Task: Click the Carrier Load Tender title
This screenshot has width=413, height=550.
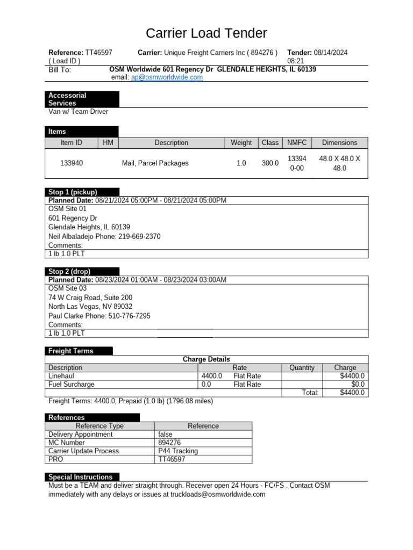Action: coord(206,33)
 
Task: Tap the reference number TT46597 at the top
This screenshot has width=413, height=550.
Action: coord(99,53)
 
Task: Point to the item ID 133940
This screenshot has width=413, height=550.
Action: coord(72,163)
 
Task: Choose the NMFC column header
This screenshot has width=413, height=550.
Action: coord(297,143)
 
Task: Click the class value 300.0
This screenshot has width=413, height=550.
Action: coord(270,163)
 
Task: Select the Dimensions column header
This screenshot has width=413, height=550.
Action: coord(339,143)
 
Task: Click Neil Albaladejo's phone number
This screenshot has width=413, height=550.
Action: coord(139,237)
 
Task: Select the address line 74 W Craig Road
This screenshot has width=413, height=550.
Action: coord(90,298)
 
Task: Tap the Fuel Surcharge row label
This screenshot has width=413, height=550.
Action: coord(72,385)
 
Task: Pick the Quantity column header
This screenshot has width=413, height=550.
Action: coord(302,368)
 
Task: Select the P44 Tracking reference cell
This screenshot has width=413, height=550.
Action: coord(178,451)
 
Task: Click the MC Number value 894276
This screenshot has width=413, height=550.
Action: coord(170,443)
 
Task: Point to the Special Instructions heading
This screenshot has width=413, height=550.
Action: coord(80,477)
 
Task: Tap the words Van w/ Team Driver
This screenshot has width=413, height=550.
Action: coord(79,112)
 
